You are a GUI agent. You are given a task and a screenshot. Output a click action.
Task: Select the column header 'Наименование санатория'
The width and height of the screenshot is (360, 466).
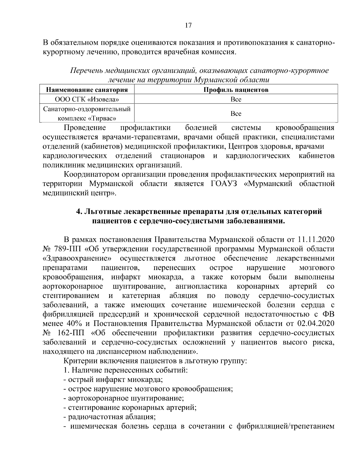pyautogui.click(x=87, y=90)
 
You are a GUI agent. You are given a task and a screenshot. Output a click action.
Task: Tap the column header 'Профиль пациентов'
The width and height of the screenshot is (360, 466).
pyautogui.click(x=236, y=90)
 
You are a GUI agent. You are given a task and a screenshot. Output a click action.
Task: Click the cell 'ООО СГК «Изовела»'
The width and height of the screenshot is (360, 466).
pyautogui.click(x=87, y=99)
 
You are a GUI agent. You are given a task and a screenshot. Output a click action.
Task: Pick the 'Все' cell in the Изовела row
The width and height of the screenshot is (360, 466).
pyautogui.click(x=236, y=99)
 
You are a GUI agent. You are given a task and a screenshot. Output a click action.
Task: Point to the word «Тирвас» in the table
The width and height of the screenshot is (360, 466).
pyautogui.click(x=101, y=118)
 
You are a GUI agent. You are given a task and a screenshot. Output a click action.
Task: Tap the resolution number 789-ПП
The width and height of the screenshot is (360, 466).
pyautogui.click(x=67, y=249)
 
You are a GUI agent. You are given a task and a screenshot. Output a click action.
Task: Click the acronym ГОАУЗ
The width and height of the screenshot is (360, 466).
pyautogui.click(x=222, y=184)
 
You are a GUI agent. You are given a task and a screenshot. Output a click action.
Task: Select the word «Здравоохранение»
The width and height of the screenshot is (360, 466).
pyautogui.click(x=77, y=258)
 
